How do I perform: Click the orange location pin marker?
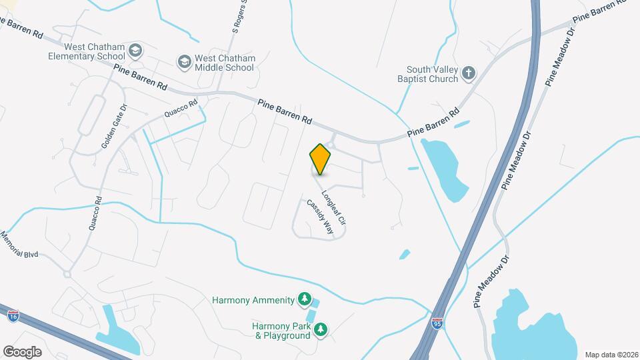click(321, 159)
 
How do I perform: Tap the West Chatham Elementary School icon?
click(136, 51)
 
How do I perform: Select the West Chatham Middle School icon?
click(184, 63)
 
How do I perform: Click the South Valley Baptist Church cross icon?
click(469, 74)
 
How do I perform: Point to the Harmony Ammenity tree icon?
click(305, 299)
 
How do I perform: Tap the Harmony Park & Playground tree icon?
click(321, 330)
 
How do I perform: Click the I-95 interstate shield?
click(437, 323)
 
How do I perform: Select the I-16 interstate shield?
click(13, 314)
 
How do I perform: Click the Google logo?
click(22, 351)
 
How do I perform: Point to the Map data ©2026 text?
click(611, 354)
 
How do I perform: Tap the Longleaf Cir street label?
click(333, 207)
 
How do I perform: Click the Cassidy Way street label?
click(319, 216)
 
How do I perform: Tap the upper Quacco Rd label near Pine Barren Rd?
click(183, 109)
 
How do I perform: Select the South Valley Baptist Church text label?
click(433, 74)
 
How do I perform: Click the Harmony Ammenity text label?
click(253, 300)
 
